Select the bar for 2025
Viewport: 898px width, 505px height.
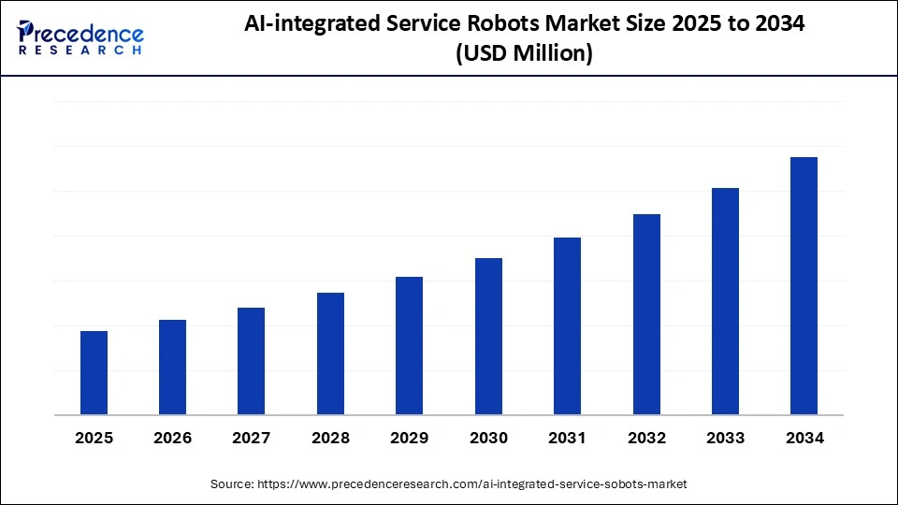[94, 373]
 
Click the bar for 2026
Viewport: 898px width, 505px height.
[172, 368]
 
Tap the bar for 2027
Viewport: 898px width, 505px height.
[252, 361]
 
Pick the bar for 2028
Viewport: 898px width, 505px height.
[330, 353]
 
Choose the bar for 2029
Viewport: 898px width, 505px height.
[409, 346]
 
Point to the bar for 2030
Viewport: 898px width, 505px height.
[488, 337]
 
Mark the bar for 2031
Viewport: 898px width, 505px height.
[567, 326]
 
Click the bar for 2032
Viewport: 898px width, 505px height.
[646, 314]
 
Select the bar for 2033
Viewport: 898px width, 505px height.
[725, 301]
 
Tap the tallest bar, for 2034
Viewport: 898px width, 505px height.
[804, 286]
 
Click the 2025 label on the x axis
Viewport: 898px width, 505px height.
[94, 438]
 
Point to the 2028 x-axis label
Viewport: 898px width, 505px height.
[330, 438]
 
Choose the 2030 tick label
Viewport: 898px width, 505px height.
[488, 438]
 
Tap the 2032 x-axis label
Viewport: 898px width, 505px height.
[646, 438]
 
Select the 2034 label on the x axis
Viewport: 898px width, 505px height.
[804, 438]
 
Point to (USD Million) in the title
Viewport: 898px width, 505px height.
[524, 55]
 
